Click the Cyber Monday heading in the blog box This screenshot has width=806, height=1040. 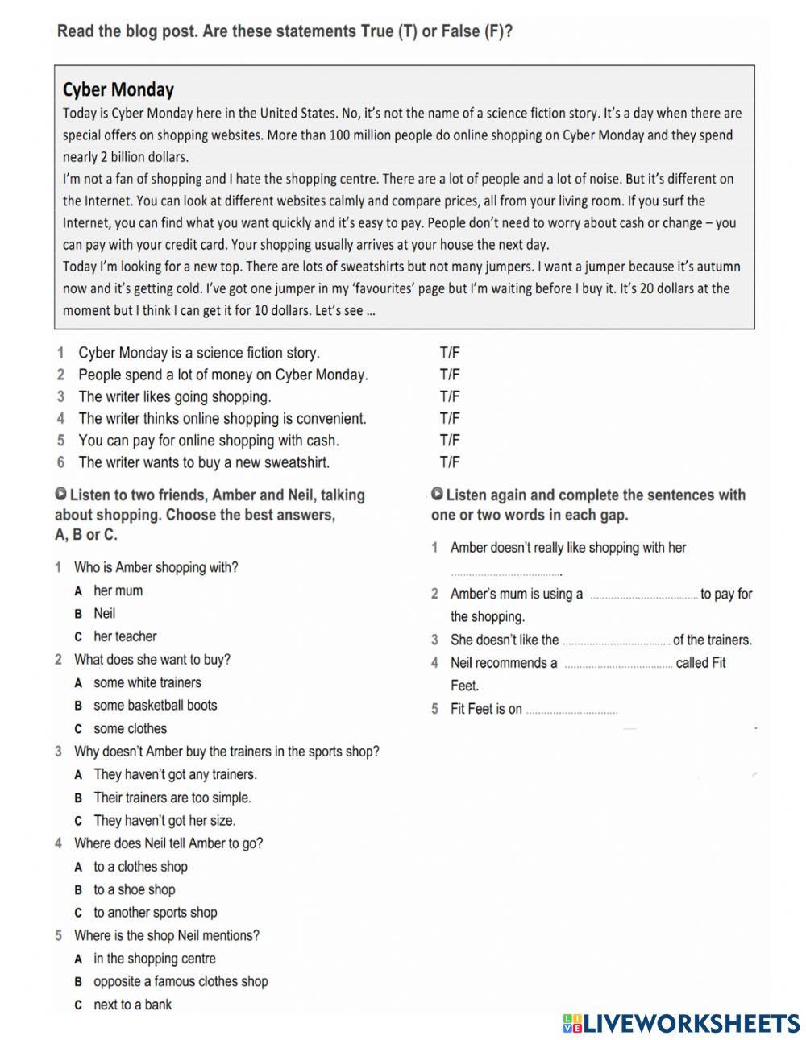[118, 89]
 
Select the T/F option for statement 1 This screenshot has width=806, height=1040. [449, 353]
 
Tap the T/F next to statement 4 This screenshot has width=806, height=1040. [449, 419]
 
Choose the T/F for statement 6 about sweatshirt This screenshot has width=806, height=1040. [449, 462]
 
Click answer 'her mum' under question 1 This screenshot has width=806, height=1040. [118, 590]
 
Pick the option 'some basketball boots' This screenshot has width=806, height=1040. [155, 705]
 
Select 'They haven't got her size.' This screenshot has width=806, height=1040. [164, 820]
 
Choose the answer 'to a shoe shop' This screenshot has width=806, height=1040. [134, 889]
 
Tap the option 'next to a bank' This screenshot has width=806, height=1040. [132, 1005]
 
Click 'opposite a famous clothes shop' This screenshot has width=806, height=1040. [181, 981]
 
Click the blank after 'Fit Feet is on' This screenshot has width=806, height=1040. [571, 711]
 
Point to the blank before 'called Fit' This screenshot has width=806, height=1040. [617, 665]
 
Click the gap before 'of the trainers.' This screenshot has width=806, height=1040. [616, 641]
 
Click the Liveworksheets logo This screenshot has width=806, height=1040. [681, 1023]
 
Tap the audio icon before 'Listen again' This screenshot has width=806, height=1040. [437, 494]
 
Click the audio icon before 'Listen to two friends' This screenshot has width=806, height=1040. [60, 494]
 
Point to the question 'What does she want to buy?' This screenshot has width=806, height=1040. [152, 659]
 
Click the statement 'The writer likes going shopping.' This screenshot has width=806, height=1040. [174, 396]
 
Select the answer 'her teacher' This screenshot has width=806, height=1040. [125, 636]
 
